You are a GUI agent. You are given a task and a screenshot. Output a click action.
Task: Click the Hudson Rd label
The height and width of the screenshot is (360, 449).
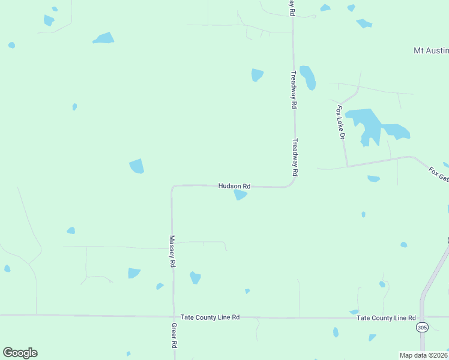(234, 187)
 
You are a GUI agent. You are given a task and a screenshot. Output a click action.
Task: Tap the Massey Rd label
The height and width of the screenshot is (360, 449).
(172, 251)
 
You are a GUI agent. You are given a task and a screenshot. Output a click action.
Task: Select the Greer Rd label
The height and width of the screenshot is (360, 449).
(173, 336)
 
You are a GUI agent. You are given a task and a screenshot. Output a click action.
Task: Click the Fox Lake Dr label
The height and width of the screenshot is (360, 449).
(340, 122)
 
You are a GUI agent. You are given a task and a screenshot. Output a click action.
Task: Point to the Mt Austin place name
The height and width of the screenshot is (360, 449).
(430, 51)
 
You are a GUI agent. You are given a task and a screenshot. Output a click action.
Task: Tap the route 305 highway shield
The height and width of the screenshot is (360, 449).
(421, 327)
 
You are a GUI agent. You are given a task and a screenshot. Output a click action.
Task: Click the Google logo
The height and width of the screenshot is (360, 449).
(20, 353)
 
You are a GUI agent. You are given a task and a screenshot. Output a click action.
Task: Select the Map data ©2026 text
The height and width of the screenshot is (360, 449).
(423, 355)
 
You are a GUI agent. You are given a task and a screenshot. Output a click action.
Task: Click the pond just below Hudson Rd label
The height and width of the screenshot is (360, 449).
(240, 195)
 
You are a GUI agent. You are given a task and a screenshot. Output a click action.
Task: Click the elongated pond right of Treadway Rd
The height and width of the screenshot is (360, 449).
(308, 77)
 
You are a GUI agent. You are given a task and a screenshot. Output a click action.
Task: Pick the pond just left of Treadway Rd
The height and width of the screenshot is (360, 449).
(257, 75)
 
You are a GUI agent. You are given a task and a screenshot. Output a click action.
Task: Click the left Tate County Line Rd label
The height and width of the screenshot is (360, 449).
(210, 317)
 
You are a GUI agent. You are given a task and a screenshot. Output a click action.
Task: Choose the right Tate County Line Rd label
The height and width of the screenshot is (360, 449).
(386, 317)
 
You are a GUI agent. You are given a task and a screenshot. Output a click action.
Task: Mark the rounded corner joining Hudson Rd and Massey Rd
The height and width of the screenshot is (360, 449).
(173, 187)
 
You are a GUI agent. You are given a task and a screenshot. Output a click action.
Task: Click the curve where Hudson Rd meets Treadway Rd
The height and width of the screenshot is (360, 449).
(291, 183)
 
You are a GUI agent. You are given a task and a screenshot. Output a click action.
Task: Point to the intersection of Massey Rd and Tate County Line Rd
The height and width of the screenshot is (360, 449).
(173, 316)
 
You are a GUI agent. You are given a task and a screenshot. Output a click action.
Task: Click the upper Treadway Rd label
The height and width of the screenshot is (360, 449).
(294, 89)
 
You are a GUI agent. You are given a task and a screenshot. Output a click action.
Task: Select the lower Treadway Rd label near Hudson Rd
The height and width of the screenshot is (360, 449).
(295, 157)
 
